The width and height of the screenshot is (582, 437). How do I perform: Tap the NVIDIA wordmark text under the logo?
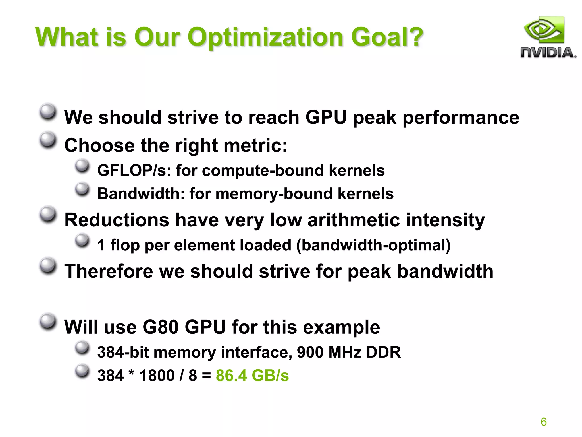tap(548, 53)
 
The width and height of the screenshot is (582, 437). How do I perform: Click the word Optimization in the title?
tap(265, 38)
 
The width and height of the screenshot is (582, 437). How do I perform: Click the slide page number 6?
tap(544, 422)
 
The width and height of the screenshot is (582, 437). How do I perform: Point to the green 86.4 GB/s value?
tap(252, 375)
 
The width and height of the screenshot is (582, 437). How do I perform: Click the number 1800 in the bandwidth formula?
tap(157, 375)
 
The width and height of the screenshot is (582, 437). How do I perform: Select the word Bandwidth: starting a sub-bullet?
tap(141, 194)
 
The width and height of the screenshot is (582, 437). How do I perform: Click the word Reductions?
tap(117, 220)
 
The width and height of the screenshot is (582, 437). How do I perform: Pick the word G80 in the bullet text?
tap(160, 327)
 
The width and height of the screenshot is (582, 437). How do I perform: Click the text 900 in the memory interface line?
tap(310, 352)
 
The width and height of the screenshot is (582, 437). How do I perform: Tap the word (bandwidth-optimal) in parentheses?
tap(373, 245)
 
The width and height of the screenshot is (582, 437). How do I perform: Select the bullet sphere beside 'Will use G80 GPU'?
tap(47, 322)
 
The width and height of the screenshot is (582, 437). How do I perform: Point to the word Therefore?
tap(109, 271)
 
